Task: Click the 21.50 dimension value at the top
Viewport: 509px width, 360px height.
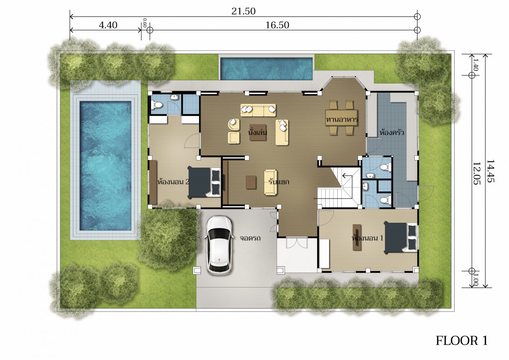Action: [x=243, y=11]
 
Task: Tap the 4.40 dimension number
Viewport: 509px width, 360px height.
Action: [x=108, y=25]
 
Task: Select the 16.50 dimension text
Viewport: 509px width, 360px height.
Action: [x=277, y=25]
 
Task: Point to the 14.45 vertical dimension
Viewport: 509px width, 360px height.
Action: [x=490, y=171]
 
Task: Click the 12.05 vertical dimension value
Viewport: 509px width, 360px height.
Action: [x=476, y=173]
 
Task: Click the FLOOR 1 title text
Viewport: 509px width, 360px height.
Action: [x=461, y=340]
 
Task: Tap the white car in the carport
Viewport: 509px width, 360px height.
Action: [x=219, y=245]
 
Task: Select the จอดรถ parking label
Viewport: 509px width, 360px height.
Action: [x=250, y=238]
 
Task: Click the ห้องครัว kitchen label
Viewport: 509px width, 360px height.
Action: [x=392, y=132]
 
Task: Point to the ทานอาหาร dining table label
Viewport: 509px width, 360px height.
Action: [x=342, y=119]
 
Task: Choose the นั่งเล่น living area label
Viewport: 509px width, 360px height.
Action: [x=257, y=132]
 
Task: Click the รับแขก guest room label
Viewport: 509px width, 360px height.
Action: [x=279, y=182]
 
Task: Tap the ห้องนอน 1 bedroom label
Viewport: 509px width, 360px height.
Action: [x=367, y=238]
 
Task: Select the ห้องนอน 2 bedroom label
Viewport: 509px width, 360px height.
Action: [x=174, y=182]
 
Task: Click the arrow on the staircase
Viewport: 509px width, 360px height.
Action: [x=347, y=175]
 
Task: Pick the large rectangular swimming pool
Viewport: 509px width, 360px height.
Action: [x=105, y=166]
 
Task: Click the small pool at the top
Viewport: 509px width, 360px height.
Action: [x=266, y=69]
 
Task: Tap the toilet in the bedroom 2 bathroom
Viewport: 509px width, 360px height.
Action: [x=157, y=105]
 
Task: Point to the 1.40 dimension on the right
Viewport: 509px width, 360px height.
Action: [x=475, y=64]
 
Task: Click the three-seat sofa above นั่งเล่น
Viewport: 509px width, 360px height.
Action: [x=258, y=110]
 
